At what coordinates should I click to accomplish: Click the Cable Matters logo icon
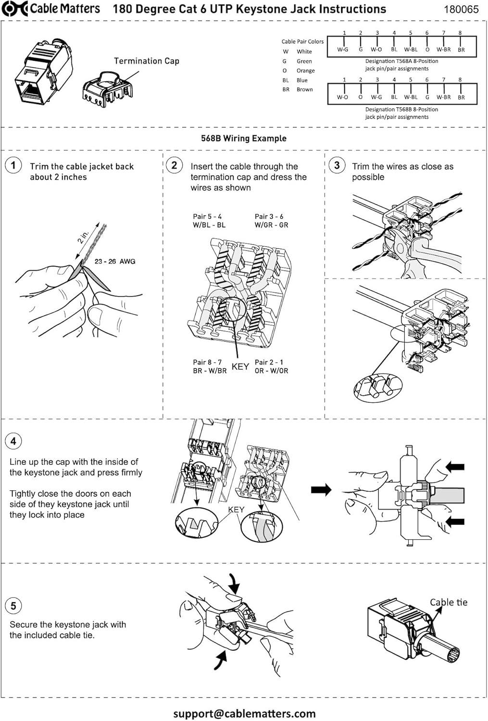click(14, 9)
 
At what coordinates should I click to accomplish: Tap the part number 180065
click(461, 9)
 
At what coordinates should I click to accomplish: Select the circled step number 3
click(337, 165)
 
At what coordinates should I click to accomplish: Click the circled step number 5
click(13, 606)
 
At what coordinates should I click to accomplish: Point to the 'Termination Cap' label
click(146, 61)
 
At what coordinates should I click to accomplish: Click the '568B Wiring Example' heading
click(244, 138)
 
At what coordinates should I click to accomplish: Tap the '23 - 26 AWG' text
click(115, 261)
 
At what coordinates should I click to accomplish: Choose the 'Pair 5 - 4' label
click(207, 217)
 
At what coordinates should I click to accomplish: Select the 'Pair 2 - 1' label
click(269, 362)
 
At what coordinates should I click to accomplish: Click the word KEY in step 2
click(240, 367)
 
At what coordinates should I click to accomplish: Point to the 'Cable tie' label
click(448, 602)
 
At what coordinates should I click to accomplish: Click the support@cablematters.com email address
click(244, 714)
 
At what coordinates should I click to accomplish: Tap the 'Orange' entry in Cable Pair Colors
click(305, 71)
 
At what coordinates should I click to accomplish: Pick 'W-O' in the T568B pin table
click(342, 97)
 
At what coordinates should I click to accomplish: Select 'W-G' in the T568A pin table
click(342, 50)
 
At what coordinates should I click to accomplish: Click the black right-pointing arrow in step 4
click(321, 490)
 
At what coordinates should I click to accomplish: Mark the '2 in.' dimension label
click(83, 237)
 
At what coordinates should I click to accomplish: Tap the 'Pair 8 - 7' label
click(207, 362)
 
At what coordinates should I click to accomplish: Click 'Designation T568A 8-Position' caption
click(401, 62)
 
